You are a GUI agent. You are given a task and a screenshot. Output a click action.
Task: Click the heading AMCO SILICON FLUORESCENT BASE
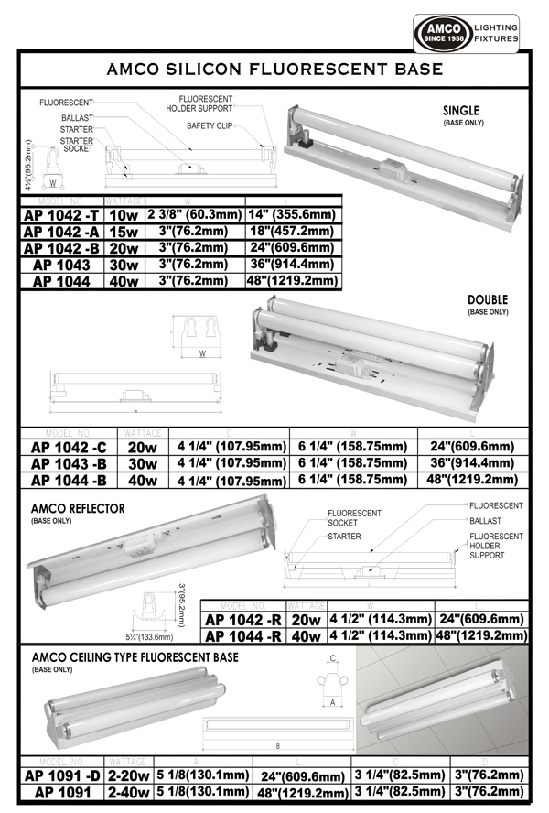tap(274, 70)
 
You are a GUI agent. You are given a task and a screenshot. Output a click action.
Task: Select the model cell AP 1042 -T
tap(62, 214)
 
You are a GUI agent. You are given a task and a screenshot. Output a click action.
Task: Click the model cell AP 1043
tap(62, 266)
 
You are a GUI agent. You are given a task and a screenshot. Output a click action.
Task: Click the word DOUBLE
tap(487, 300)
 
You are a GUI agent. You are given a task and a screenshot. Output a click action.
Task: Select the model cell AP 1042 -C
tap(68, 447)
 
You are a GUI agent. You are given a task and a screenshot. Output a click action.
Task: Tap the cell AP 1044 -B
tap(68, 480)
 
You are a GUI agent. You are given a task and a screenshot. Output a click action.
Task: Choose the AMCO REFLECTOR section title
tap(78, 508)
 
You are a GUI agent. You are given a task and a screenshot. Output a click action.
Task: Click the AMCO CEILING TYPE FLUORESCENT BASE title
tap(135, 657)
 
